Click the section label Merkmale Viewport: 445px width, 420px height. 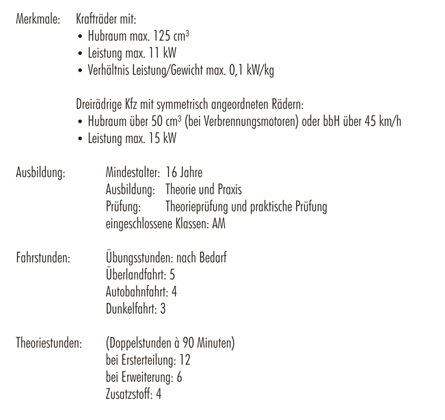[x=38, y=20]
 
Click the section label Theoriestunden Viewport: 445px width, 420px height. [x=49, y=343]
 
